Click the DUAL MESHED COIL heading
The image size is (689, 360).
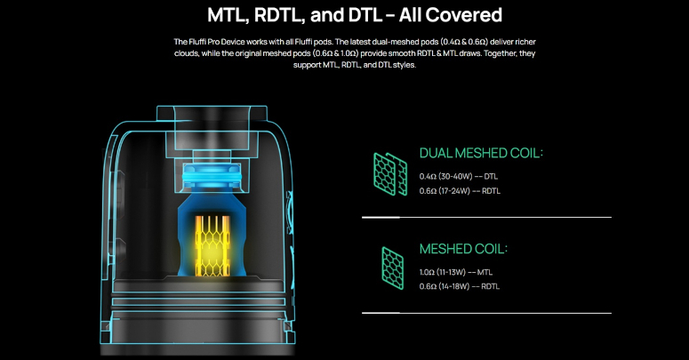[480, 154]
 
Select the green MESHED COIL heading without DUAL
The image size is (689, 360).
[463, 249]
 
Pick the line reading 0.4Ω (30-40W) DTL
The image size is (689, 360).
[459, 176]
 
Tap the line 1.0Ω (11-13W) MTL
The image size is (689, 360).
[456, 272]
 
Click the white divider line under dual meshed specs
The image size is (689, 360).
[486, 217]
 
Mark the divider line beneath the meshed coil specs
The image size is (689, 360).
[486, 313]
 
